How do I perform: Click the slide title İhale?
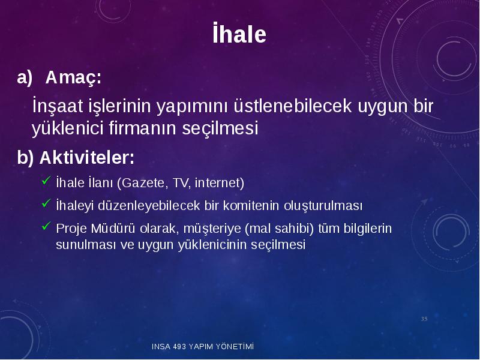pyautogui.click(x=239, y=33)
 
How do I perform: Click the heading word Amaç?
pyautogui.click(x=73, y=77)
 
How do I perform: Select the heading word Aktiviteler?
pyautogui.click(x=87, y=157)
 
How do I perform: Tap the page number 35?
pyautogui.click(x=424, y=319)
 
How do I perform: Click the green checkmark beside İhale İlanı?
pyautogui.click(x=46, y=181)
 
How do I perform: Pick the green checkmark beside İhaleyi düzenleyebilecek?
pyautogui.click(x=46, y=203)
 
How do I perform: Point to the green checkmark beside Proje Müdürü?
pyautogui.click(x=46, y=226)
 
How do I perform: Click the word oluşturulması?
pyautogui.click(x=323, y=206)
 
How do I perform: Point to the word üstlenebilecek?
pyautogui.click(x=293, y=106)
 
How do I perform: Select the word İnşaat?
pyautogui.click(x=58, y=106)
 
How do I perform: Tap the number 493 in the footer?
pyautogui.click(x=179, y=347)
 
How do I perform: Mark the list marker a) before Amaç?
pyautogui.click(x=25, y=78)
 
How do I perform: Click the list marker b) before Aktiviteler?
pyautogui.click(x=25, y=158)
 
